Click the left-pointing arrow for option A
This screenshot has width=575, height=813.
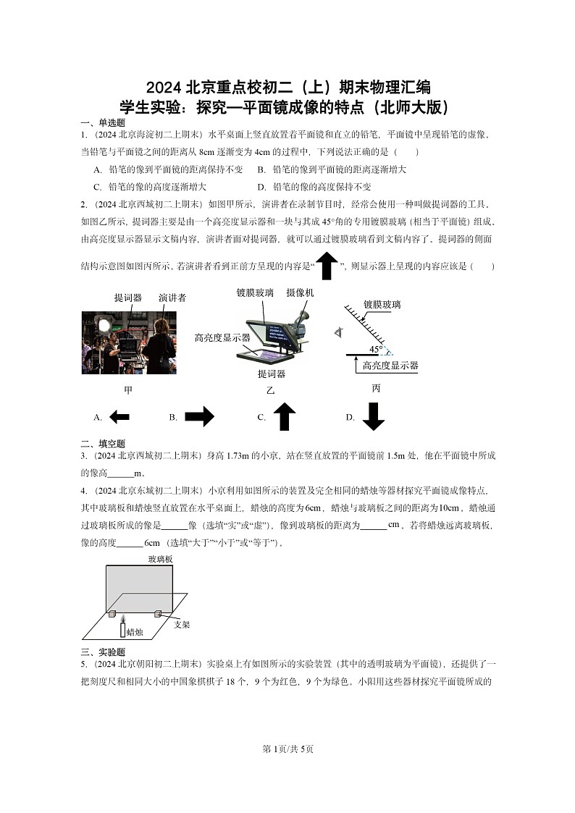(x=119, y=417)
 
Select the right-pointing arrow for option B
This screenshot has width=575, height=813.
(x=199, y=416)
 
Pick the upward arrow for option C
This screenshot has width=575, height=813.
(x=285, y=417)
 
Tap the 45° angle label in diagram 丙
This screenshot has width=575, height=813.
(x=377, y=349)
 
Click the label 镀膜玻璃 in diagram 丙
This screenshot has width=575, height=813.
(x=382, y=305)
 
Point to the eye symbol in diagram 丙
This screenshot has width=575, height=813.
(x=338, y=332)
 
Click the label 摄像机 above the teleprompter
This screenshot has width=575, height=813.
(x=300, y=292)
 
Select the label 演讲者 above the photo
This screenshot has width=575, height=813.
(x=172, y=298)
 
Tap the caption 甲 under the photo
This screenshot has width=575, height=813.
(x=128, y=390)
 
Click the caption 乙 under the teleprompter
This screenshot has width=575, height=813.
(x=270, y=390)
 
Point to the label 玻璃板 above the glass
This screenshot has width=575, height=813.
(x=160, y=559)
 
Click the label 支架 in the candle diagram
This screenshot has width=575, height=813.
(x=182, y=624)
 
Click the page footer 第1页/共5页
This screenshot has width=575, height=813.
(x=287, y=749)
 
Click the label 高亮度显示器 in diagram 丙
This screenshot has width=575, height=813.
(x=390, y=366)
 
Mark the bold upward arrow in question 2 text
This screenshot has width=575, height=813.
(x=327, y=266)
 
